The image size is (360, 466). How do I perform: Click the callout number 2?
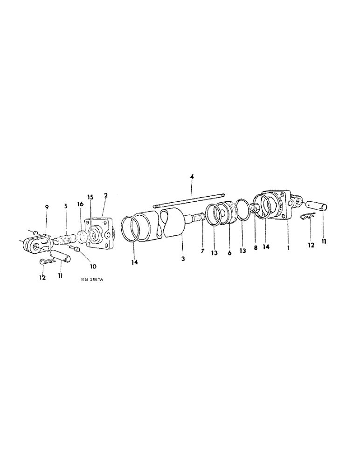pyautogui.click(x=106, y=195)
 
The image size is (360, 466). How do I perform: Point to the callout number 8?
pyautogui.click(x=255, y=248)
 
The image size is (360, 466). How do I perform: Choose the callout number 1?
pyautogui.click(x=289, y=249)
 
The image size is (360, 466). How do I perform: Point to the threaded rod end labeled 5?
pyautogui.click(x=64, y=239)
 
